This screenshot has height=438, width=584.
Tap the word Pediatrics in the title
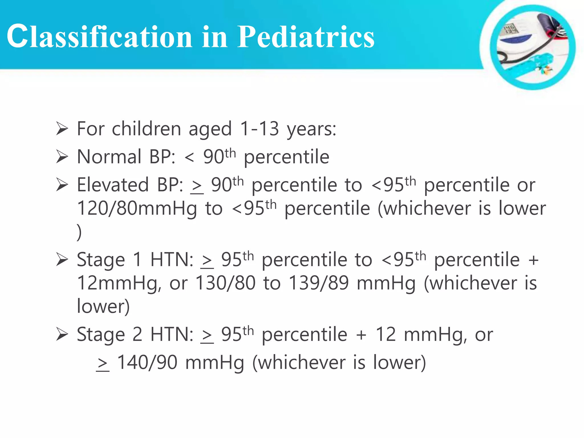pyautogui.click(x=305, y=36)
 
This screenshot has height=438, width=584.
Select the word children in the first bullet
pyautogui.click(x=146, y=129)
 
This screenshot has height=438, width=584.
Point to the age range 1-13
pyautogui.click(x=259, y=129)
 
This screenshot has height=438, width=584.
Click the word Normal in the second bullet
pyautogui.click(x=109, y=157)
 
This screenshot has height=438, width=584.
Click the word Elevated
pyautogui.click(x=113, y=185)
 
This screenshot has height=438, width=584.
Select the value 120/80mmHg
pyautogui.click(x=137, y=208)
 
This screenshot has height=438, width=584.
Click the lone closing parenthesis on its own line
pyautogui.click(x=79, y=232)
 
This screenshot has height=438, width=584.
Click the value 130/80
pyautogui.click(x=225, y=283)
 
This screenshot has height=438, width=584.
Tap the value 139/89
pyautogui.click(x=319, y=283)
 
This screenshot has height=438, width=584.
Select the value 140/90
pyautogui.click(x=147, y=363)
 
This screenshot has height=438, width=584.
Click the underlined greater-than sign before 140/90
pyautogui.click(x=103, y=364)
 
